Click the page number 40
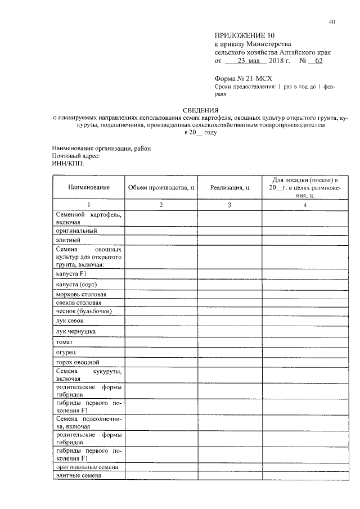(x=332, y=22)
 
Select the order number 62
(x=318, y=60)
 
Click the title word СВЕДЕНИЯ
(x=201, y=110)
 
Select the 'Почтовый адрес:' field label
(x=75, y=156)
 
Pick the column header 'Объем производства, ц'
(x=161, y=187)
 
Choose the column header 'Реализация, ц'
(x=229, y=187)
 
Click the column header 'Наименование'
(x=89, y=187)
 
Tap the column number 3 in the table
(x=229, y=205)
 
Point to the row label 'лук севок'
(x=67, y=320)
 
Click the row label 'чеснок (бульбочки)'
(x=83, y=310)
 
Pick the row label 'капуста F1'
(x=71, y=273)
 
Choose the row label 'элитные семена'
(x=78, y=475)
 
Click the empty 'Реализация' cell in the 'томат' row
(x=229, y=342)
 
